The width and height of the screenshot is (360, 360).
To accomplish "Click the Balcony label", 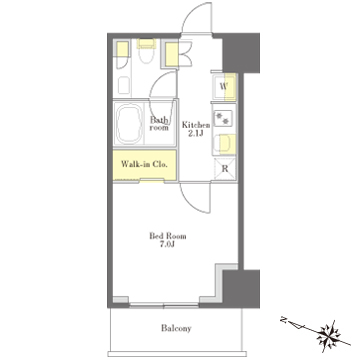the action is coord(176,328).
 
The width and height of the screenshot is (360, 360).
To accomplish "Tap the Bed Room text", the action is coord(168,236).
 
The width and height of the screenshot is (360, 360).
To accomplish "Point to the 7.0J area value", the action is coord(168,245).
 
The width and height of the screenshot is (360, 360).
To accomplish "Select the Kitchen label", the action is coord(196,125).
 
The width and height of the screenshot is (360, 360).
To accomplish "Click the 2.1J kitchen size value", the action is coord(197,133).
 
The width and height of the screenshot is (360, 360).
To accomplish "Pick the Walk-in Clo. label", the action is coord(144,164).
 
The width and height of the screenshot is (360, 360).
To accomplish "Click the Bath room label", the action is coord(159,123).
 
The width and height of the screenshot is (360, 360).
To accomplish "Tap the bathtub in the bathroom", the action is coord(129,123).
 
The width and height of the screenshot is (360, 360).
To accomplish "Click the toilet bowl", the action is coord(147,54).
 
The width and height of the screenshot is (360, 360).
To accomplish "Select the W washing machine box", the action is coord(224,87).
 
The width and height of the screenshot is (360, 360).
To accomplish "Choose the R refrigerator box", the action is coord(225,169).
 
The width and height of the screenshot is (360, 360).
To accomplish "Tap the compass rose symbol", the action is coord(329,334).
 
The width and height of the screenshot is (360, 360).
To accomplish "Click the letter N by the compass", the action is coord(284,321).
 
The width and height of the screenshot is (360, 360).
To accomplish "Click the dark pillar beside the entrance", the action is coord(241,53).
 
